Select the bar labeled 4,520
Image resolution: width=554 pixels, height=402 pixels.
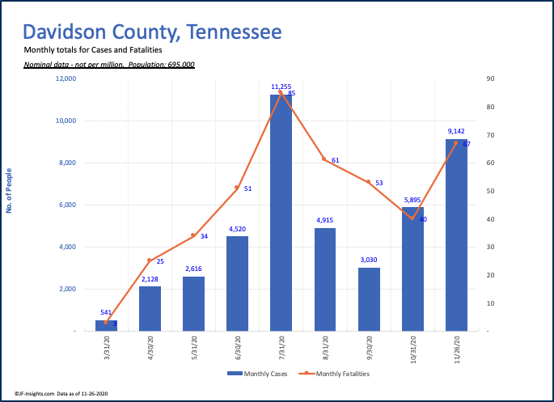pyautogui.click(x=237, y=283)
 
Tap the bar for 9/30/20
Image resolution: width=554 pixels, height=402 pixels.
pyautogui.click(x=368, y=298)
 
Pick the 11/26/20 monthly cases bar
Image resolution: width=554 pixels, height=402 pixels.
pyautogui.click(x=455, y=235)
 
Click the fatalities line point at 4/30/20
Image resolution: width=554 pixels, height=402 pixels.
pyautogui.click(x=150, y=260)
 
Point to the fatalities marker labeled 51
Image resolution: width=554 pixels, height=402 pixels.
pyautogui.click(x=237, y=188)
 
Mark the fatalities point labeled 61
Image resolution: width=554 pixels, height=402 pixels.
pyautogui.click(x=324, y=159)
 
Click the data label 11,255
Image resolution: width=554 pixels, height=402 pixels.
pyautogui.click(x=281, y=87)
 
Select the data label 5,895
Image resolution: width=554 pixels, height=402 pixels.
pyautogui.click(x=412, y=200)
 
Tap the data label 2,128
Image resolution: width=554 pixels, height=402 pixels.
pyautogui.click(x=150, y=279)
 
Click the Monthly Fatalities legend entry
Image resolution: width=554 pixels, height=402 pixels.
pyautogui.click(x=335, y=373)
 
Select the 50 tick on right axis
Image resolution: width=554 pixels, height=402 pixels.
pyautogui.click(x=490, y=191)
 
